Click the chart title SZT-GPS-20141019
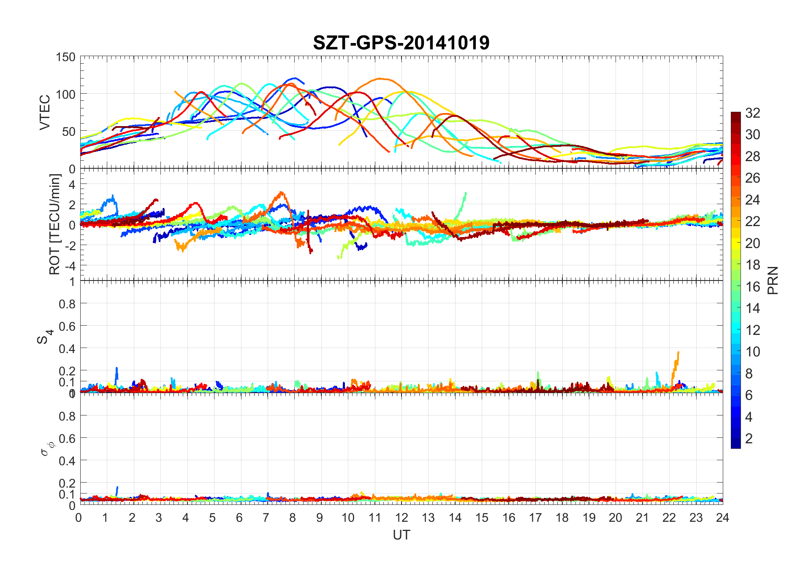pos(401,43)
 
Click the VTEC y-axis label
pos(45,112)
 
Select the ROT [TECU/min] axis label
pos(55,224)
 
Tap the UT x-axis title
pos(401,535)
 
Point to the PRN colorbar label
pos(773,280)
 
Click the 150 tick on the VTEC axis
pos(65,57)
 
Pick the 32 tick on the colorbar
pos(752,113)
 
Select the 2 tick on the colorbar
pos(749,439)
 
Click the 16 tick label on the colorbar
pos(752,287)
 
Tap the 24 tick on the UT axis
pos(722,518)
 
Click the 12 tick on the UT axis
pos(401,518)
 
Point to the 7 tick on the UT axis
pos(266,518)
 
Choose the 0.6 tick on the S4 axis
pos(67,326)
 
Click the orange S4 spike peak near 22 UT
pos(678,353)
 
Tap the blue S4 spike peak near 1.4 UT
pos(117,368)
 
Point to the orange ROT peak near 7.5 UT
pos(282,193)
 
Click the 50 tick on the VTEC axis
pos(69,132)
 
